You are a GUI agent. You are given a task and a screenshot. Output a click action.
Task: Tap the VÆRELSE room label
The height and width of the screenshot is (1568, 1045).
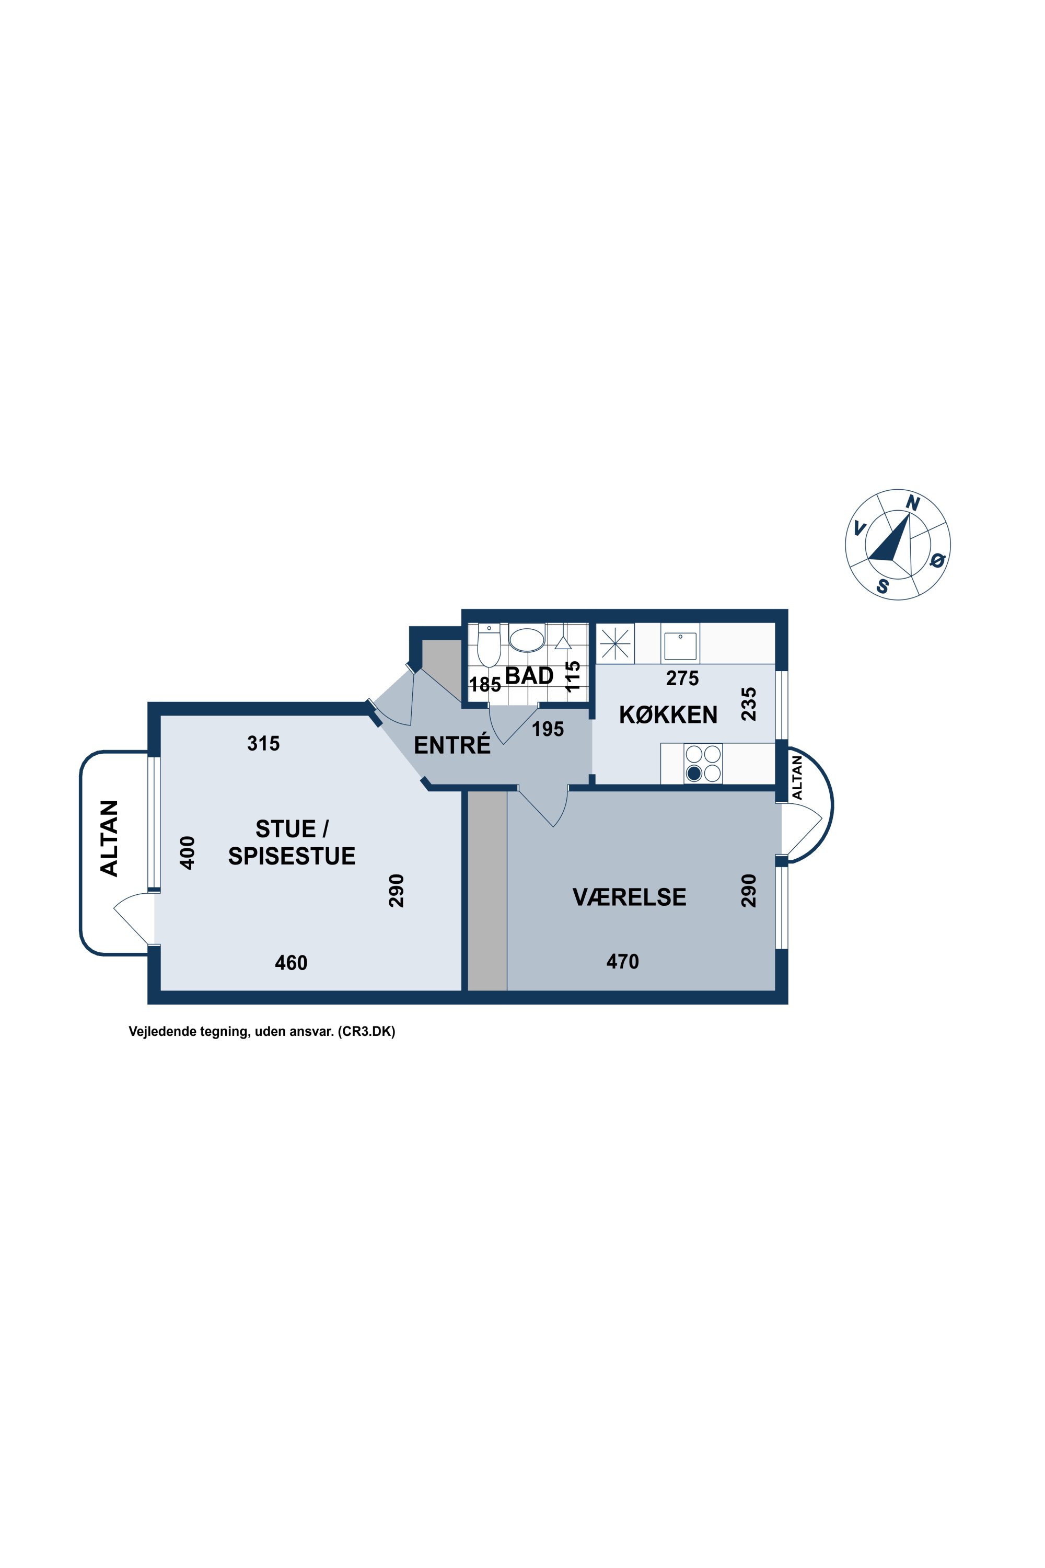pos(629,897)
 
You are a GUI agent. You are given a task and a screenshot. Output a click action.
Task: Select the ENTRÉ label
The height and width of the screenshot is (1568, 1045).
pos(452,745)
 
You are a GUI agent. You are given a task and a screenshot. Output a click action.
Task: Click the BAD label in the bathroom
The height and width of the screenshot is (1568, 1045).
pos(529,675)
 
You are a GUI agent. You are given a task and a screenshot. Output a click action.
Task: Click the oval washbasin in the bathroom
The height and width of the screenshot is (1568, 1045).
pos(527,639)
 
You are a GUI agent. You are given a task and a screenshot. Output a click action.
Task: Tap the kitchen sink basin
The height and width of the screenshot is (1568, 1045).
pos(680,646)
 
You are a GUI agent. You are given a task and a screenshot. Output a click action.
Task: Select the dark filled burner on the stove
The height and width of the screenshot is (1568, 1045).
pos(694,774)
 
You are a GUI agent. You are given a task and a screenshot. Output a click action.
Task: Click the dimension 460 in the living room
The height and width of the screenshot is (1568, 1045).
pos(291,963)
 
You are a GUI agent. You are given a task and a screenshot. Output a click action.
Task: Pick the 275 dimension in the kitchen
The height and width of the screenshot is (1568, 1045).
pos(682,678)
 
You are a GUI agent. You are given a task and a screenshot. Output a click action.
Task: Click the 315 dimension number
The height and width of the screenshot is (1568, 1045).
pos(263,743)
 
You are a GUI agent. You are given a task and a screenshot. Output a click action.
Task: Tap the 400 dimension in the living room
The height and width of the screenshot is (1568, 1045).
pos(188,852)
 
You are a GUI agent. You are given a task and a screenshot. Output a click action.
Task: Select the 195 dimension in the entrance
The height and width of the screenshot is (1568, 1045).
pos(548,729)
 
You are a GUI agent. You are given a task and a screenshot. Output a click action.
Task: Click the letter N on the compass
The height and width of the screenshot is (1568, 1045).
pos(912,503)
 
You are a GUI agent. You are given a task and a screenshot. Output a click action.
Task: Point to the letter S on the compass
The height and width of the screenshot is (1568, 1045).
pos(883,586)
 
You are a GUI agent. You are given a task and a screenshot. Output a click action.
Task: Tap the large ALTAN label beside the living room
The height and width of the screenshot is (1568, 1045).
pos(109,839)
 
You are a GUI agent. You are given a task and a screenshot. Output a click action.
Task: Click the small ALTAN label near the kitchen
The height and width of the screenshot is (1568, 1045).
pos(798,777)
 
